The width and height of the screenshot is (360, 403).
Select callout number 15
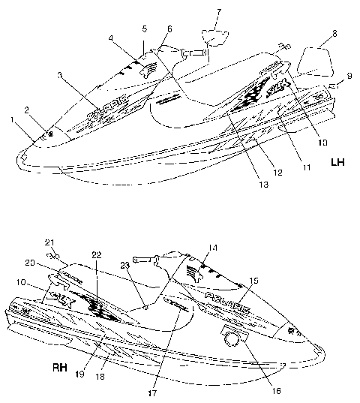254,280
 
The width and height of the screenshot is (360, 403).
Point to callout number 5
142,28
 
